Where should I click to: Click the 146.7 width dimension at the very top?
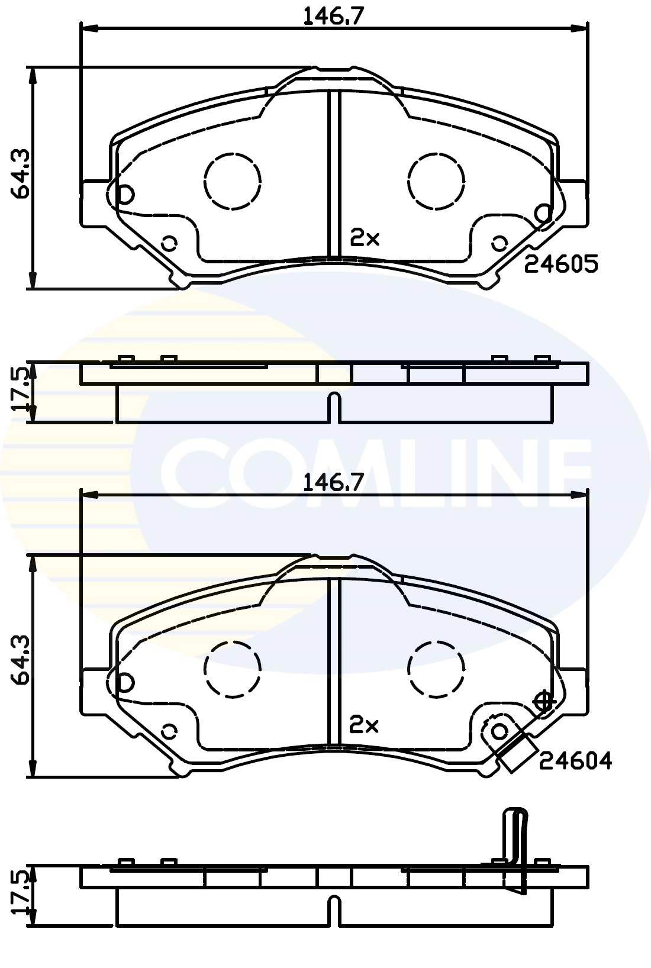point(333,15)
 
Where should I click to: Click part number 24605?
point(562,264)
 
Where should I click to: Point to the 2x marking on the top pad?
point(365,238)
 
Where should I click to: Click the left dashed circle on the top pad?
point(233,181)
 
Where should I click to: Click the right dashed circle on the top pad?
point(436,181)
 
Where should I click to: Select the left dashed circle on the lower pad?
point(233,668)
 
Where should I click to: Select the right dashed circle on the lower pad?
point(436,668)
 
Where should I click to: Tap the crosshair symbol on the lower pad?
point(543,702)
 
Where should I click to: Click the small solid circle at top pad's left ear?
point(125,193)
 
